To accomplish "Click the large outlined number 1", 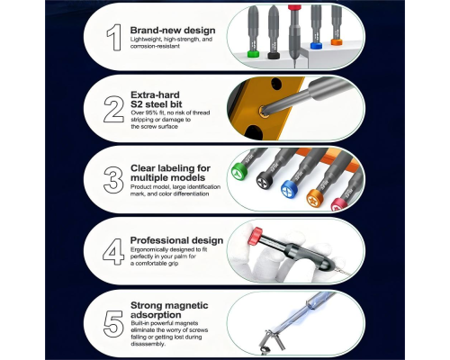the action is pos(114,37).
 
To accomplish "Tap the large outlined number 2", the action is pos(113,109).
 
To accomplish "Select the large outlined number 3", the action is pos(113,180).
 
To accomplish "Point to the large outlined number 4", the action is pos(113,252).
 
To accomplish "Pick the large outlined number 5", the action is pos(113,324).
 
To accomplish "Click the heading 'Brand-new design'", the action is pos(173,31).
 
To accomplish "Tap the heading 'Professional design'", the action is pos(176,240).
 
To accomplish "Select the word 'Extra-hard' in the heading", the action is pos(155,94).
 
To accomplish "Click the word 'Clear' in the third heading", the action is pos(143,168).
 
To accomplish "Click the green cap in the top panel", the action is pos(253,54).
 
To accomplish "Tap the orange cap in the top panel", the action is pos(337,41).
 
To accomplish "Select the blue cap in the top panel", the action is pos(316,46).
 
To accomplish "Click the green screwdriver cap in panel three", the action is pos(239,172).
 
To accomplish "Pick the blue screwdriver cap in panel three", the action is pos(289,189).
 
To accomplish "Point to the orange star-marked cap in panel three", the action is pos(315,198).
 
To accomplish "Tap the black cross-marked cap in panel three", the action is pos(265,180).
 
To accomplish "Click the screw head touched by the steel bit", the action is pos(264,111).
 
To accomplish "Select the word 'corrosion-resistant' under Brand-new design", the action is pos(155,46).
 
